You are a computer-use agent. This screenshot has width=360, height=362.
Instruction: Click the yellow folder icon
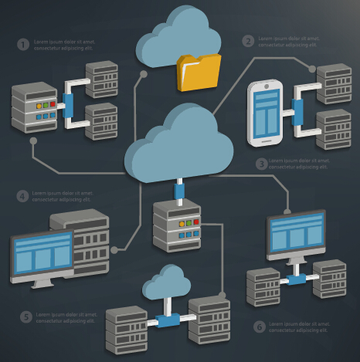tap(198, 73)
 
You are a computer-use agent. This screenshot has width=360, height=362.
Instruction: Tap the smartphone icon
tap(266, 114)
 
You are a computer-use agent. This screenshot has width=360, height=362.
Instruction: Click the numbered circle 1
tap(22, 44)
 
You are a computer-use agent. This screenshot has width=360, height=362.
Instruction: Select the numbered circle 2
tap(248, 41)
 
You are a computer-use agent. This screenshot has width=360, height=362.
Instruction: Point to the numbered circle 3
tap(262, 164)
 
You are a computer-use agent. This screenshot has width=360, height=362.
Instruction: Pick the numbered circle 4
tap(22, 196)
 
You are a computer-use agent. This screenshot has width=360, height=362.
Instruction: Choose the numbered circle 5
tap(25, 316)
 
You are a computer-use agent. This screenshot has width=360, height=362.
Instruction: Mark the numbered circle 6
tap(259, 326)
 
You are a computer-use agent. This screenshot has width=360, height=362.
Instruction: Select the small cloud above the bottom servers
tap(166, 282)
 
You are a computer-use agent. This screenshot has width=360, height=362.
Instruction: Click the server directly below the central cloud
tap(177, 223)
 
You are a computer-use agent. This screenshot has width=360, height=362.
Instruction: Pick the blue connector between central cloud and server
tap(179, 190)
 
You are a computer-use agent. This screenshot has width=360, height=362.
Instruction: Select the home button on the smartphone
tap(266, 140)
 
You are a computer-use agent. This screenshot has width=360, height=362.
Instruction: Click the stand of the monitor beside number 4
tap(43, 282)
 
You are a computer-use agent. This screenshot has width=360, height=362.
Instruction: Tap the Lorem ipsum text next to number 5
tap(68, 317)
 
